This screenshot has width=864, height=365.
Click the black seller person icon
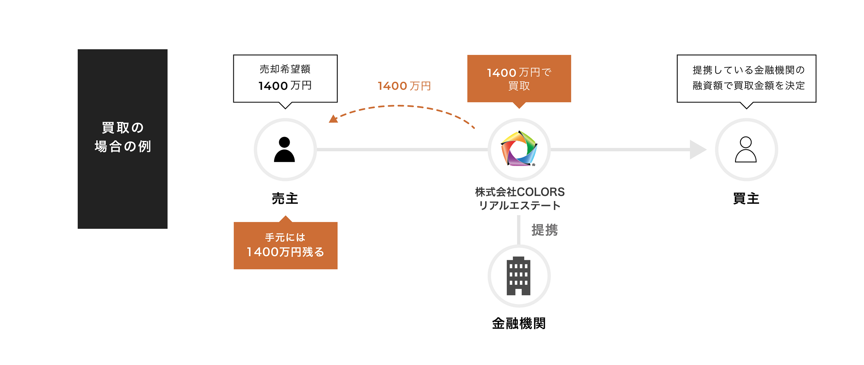pyautogui.click(x=285, y=149)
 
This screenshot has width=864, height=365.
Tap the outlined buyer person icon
pyautogui.click(x=746, y=149)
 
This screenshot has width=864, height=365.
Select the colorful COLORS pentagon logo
pyautogui.click(x=519, y=149)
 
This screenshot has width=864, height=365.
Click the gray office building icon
pyautogui.click(x=519, y=276)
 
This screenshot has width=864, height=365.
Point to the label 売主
pyautogui.click(x=285, y=199)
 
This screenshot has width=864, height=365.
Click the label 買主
pyautogui.click(x=746, y=199)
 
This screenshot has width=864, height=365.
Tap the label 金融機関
pyautogui.click(x=519, y=324)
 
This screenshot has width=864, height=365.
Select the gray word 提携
pyautogui.click(x=544, y=230)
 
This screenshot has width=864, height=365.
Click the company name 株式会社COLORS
pyautogui.click(x=520, y=192)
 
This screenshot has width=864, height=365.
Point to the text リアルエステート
pyautogui.click(x=519, y=206)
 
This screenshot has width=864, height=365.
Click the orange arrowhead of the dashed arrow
pyautogui.click(x=333, y=119)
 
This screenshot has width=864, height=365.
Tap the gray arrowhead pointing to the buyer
pyautogui.click(x=698, y=149)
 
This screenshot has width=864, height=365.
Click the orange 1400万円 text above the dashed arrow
pyautogui.click(x=404, y=86)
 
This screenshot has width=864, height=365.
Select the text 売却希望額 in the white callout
pyautogui.click(x=285, y=69)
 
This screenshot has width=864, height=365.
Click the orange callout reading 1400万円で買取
pyautogui.click(x=519, y=79)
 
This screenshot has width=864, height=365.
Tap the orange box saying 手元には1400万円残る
pyautogui.click(x=285, y=245)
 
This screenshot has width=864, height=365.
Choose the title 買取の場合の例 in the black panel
pyautogui.click(x=123, y=137)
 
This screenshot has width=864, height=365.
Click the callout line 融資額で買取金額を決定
pyautogui.click(x=748, y=85)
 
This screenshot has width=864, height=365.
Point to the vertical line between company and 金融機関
pyautogui.click(x=519, y=230)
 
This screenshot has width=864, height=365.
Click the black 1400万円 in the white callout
pyautogui.click(x=285, y=86)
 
